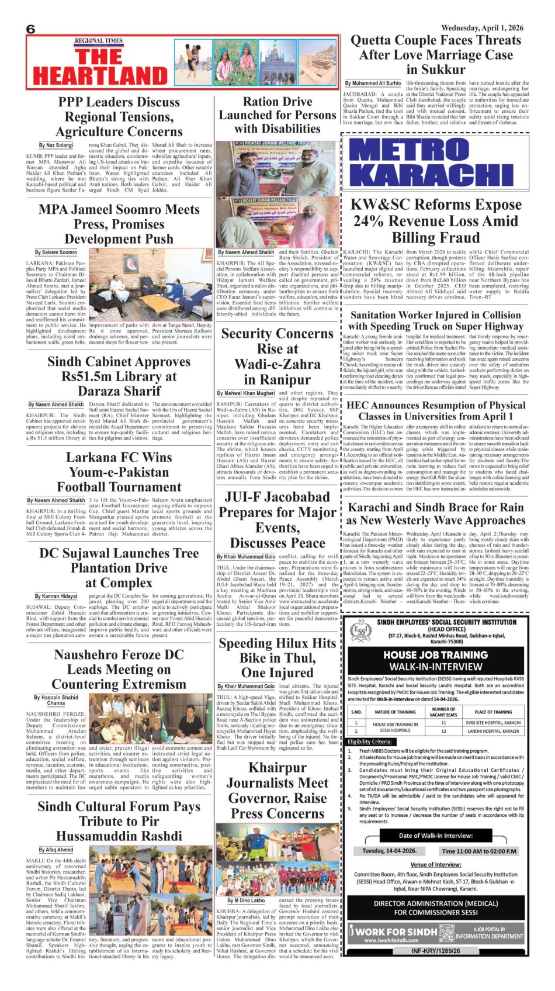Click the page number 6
click(x=31, y=29)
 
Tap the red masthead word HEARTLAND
click(x=100, y=76)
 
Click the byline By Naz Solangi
click(x=56, y=145)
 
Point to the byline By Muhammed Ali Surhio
click(x=373, y=84)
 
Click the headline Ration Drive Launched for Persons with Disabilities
click(x=277, y=115)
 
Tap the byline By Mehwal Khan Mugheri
click(x=245, y=393)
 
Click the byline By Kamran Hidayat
click(x=56, y=596)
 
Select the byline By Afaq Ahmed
click(x=56, y=850)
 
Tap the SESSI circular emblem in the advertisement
click(x=360, y=632)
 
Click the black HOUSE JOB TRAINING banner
click(x=436, y=660)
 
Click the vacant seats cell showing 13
click(x=443, y=731)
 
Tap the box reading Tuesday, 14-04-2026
click(x=389, y=851)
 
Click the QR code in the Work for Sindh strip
click(x=446, y=932)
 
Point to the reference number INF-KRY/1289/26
click(x=436, y=951)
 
